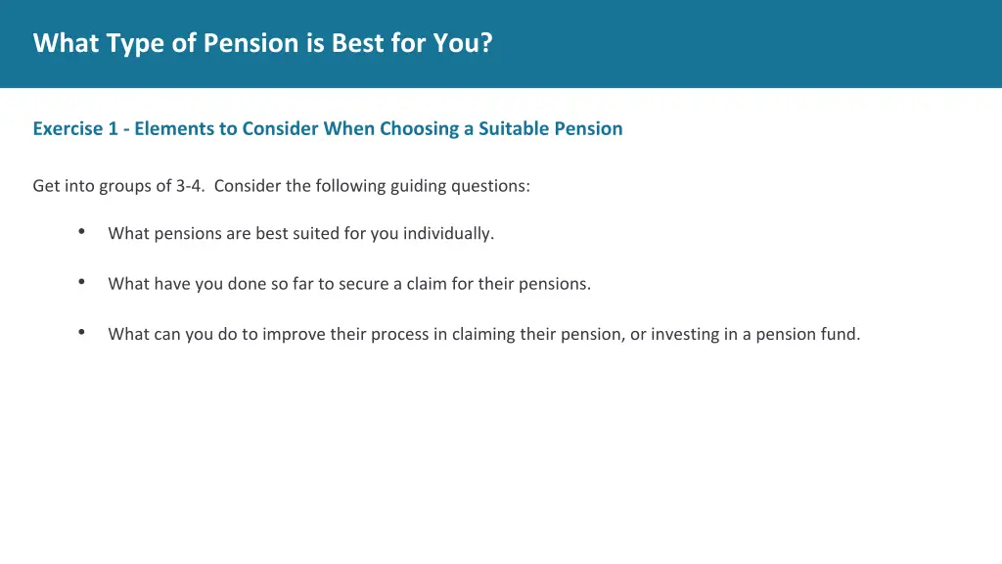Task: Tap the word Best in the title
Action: coord(358,44)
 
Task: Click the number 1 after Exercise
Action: coord(113,128)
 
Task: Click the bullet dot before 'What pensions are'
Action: coord(82,232)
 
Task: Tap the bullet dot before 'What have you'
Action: coord(82,282)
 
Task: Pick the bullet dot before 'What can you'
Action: coord(82,332)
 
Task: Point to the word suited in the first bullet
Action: coord(315,233)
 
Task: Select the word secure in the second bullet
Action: coord(364,284)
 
